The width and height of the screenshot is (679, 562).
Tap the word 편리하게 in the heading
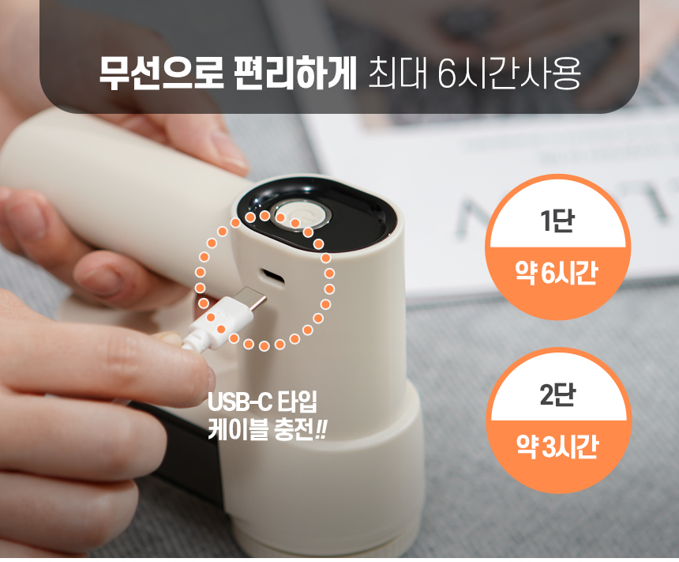pos(295,73)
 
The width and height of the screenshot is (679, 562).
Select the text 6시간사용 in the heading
pos(508,73)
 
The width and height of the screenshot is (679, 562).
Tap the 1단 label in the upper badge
pos(557,221)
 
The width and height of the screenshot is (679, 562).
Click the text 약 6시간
pos(557,273)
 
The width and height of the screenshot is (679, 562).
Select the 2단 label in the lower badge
pos(557,394)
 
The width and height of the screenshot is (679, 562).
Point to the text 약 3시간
pos(557,447)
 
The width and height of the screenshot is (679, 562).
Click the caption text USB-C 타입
pos(262,402)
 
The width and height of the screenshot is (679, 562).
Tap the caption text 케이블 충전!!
pos(267,429)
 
